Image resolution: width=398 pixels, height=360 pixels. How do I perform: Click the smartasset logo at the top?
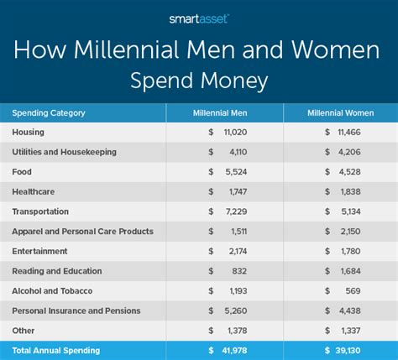(199, 19)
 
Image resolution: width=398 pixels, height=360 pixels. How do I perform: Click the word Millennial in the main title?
(126, 50)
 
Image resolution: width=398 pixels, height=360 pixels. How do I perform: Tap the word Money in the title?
(234, 81)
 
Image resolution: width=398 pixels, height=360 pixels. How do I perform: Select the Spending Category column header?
(49, 113)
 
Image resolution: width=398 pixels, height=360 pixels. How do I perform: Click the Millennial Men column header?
(220, 113)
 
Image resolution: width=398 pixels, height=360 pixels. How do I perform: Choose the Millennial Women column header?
(341, 113)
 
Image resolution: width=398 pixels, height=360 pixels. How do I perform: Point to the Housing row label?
(28, 132)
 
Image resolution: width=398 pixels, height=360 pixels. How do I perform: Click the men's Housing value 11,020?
(235, 132)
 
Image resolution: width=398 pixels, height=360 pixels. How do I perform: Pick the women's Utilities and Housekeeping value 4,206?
(349, 152)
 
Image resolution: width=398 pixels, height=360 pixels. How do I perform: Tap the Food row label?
(22, 172)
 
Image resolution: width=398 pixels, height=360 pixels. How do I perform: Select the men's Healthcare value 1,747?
(238, 191)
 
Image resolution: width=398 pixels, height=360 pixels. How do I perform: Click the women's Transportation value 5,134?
(351, 211)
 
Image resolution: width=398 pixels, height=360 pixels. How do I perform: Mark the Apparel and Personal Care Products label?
(82, 232)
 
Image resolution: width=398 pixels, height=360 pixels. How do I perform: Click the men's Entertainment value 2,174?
(238, 251)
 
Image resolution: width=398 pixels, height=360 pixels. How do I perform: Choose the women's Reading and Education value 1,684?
(351, 271)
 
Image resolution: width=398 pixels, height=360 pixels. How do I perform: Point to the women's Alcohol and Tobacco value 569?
(353, 291)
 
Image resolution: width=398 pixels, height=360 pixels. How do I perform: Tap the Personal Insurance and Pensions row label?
(76, 310)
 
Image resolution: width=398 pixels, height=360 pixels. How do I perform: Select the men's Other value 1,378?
(238, 331)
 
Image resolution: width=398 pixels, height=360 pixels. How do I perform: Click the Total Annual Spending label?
(56, 351)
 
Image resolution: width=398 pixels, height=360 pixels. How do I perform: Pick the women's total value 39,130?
(348, 351)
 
